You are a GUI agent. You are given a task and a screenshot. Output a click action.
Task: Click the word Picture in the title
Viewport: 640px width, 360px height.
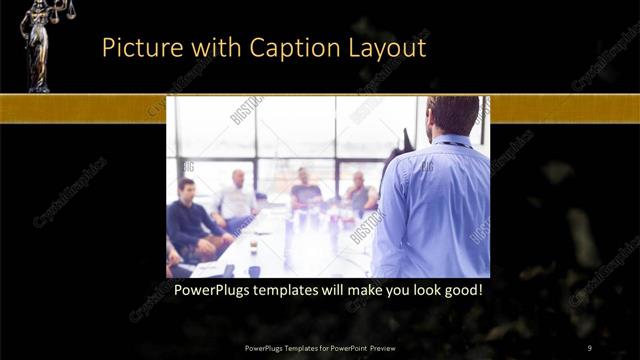point(139,47)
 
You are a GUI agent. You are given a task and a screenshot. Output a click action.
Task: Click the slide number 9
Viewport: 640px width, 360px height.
point(590,347)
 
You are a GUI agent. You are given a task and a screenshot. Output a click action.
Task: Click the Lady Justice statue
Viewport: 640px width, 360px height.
point(40,50)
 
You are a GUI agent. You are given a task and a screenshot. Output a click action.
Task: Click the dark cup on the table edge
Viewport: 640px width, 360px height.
point(254,270)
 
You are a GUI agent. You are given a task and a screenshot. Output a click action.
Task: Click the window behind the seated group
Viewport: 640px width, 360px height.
point(300,130)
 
